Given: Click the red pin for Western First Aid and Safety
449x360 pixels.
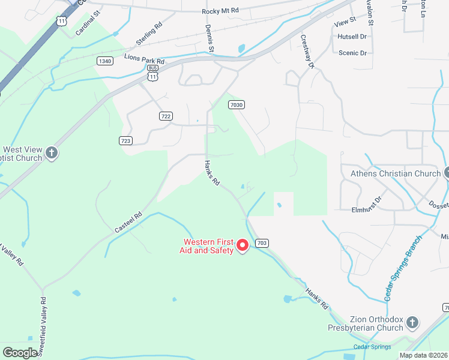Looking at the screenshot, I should click(243, 245).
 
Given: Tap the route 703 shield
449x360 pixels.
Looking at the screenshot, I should click(261, 243).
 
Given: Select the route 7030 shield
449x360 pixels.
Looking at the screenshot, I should click(237, 104).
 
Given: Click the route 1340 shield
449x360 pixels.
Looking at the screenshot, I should click(104, 61).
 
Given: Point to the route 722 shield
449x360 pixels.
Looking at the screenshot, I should click(166, 116).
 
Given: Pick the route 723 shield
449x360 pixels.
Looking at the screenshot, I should click(125, 140).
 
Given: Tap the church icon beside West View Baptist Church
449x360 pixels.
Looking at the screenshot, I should click(52, 153).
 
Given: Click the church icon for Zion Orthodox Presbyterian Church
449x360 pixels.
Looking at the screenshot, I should click(412, 323).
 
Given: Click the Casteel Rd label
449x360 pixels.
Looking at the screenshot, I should click(128, 223).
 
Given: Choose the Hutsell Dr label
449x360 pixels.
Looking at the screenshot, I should click(352, 37).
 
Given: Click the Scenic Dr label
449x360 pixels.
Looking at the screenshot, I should click(352, 53).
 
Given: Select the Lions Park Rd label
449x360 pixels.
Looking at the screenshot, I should click(144, 58).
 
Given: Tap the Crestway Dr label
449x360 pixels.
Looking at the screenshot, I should click(307, 52).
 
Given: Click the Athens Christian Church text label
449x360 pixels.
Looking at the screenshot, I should click(395, 174).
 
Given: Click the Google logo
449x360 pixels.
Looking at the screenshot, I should click(21, 352).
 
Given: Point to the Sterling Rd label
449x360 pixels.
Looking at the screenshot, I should click(149, 34).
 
